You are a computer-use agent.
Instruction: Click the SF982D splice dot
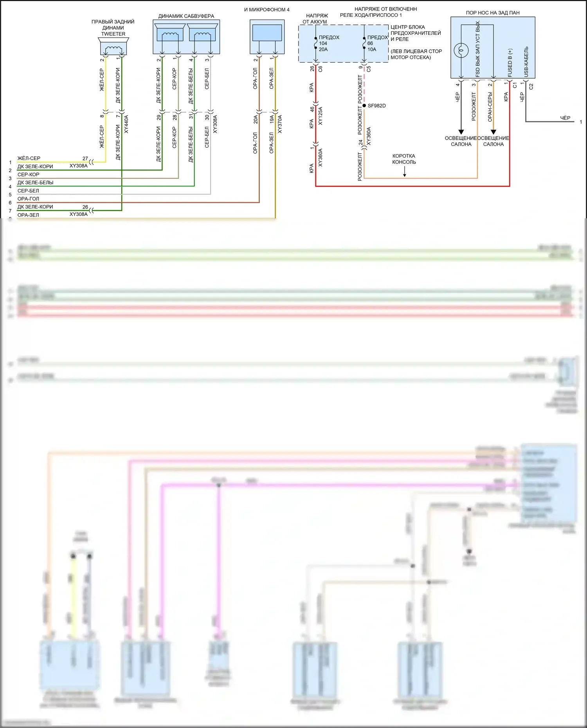pos(364,106)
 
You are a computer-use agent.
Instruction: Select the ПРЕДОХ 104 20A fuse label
pos(328,43)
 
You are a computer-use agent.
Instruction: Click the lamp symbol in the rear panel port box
pos(461,50)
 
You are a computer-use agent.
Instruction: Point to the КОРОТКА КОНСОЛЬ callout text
pos(404,159)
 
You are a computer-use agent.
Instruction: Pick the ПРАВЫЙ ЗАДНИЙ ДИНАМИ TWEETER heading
pos(113,28)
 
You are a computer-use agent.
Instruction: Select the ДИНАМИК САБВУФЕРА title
pos(186,16)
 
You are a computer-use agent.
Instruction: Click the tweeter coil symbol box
pos(113,49)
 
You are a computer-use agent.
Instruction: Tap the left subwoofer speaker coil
pos(170,35)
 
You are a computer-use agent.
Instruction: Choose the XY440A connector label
pos(126,124)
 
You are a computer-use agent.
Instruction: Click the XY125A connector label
pos(321,116)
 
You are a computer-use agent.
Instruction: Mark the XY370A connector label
pos(280,124)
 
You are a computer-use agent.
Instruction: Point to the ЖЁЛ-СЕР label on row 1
pos(29,158)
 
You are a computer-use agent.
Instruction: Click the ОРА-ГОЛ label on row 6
pos(28,199)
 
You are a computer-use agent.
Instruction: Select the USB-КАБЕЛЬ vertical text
pos(526,62)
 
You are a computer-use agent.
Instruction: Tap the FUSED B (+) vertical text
pos(510,63)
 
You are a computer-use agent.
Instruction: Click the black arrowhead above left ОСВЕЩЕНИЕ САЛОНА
pos(461,132)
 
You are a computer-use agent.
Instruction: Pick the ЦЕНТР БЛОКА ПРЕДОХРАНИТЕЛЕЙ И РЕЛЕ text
pos(416,33)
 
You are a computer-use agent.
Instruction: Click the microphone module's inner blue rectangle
pos(267,33)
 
